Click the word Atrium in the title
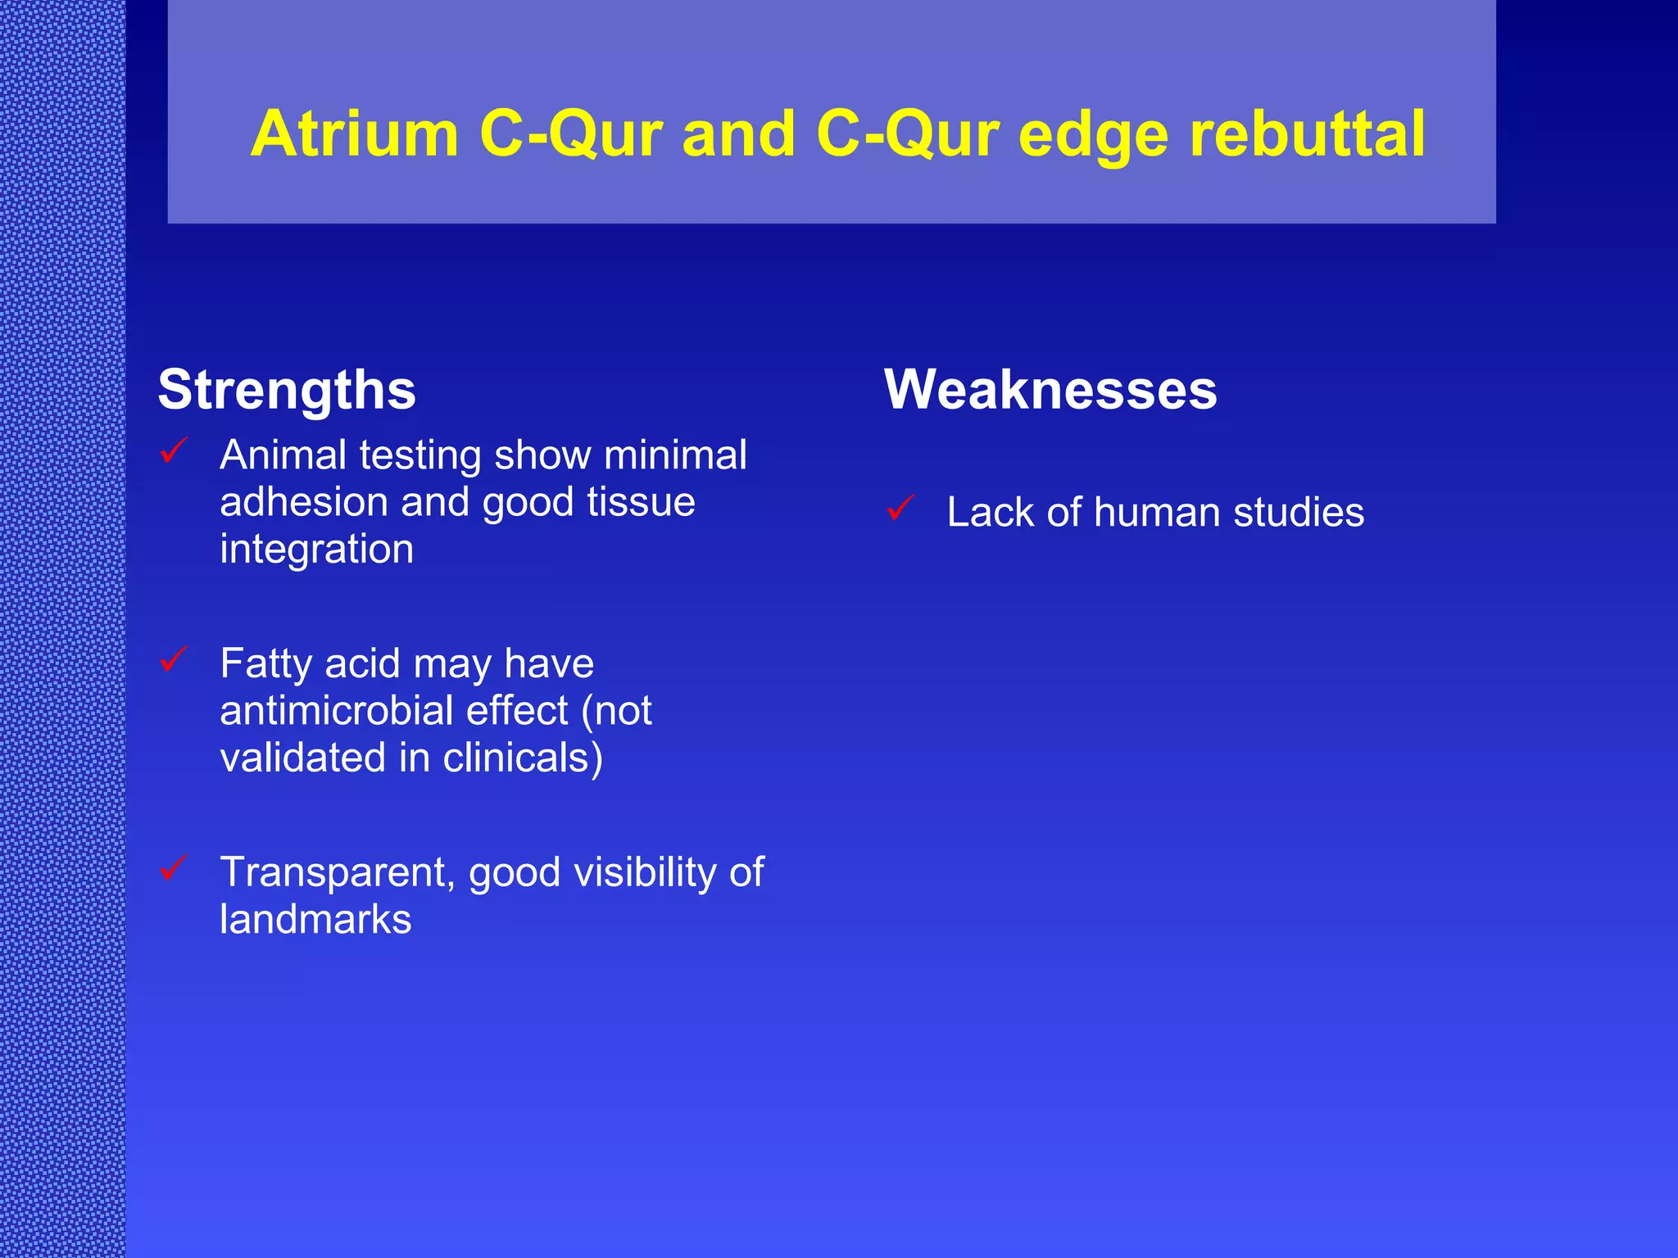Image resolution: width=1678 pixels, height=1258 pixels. pos(354,133)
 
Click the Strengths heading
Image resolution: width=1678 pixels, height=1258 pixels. pos(287,390)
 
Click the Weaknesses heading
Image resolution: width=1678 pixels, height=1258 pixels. pos(1050,390)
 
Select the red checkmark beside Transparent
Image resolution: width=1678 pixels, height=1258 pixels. pos(175,867)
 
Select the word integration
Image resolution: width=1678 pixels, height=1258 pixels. pos(316,550)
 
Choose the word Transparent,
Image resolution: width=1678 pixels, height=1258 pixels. pos(337,872)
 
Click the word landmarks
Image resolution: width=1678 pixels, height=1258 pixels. pos(315,919)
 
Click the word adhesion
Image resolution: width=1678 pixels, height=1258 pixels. pos(303,502)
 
